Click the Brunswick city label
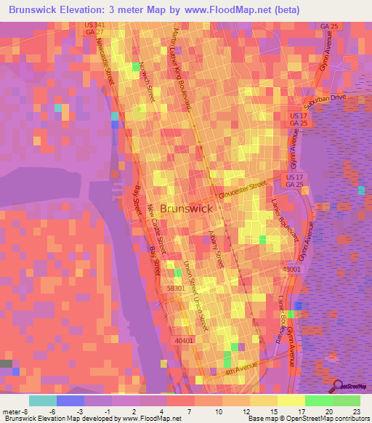[187, 208]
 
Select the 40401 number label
[184, 339]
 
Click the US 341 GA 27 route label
[94, 29]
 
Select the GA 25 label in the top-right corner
[329, 26]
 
